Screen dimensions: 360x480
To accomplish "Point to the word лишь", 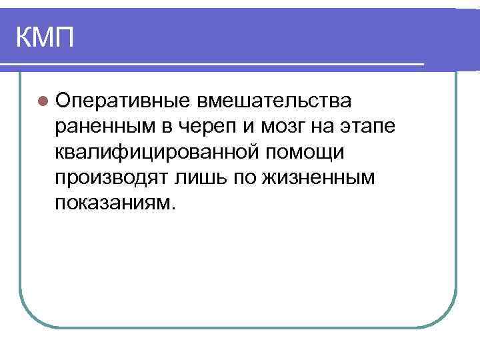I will (x=195, y=177).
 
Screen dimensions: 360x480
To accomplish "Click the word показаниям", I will (x=113, y=203).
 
